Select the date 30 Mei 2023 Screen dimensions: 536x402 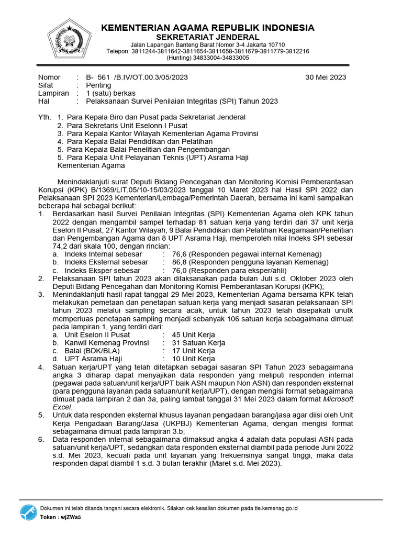326,77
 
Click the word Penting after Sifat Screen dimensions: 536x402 98,85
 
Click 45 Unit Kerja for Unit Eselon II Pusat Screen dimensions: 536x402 194,334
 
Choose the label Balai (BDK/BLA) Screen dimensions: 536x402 92,351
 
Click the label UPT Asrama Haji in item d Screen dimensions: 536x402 93,359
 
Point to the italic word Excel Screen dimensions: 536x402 62,407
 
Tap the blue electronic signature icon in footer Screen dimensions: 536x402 28,512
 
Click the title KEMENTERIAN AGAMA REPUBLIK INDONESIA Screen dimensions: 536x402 208,28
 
